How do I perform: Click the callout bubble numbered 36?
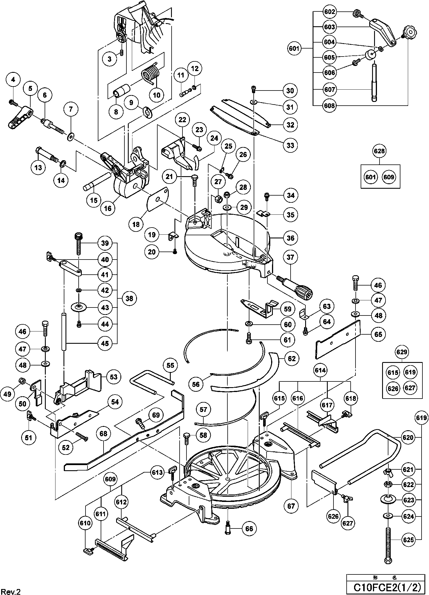(x=290, y=238)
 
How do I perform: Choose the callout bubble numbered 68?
(x=103, y=433)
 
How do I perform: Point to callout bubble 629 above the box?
(x=402, y=352)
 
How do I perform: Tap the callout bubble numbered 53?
(x=114, y=377)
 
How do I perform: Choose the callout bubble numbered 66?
(x=249, y=529)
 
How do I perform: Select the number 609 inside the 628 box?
(x=389, y=177)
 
